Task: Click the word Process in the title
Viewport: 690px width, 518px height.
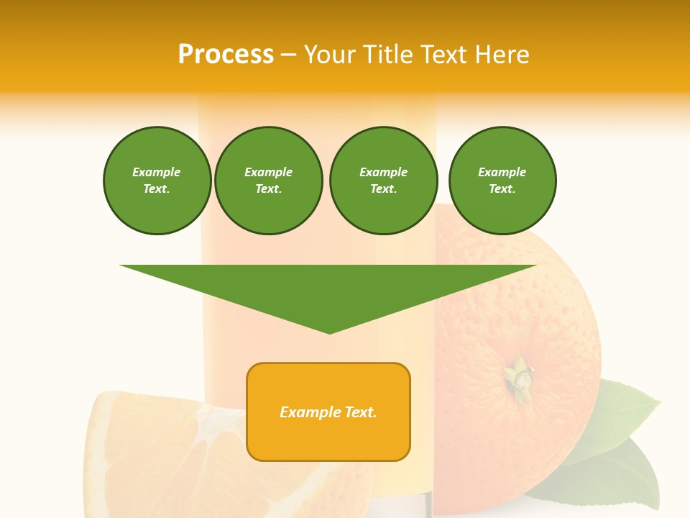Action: (226, 55)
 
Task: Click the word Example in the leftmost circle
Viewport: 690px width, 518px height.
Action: (157, 172)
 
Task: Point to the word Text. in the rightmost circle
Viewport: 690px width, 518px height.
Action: (502, 188)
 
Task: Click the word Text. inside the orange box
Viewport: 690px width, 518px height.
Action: (360, 412)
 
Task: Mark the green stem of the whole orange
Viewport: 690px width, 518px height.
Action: (517, 376)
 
